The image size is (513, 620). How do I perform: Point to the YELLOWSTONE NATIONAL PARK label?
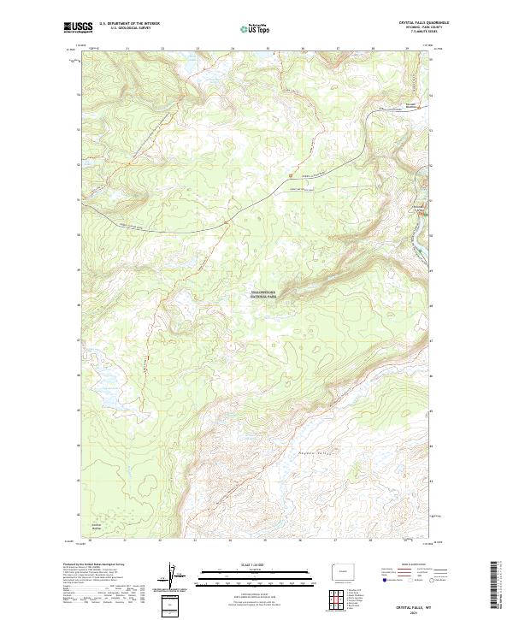[x=268, y=293]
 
